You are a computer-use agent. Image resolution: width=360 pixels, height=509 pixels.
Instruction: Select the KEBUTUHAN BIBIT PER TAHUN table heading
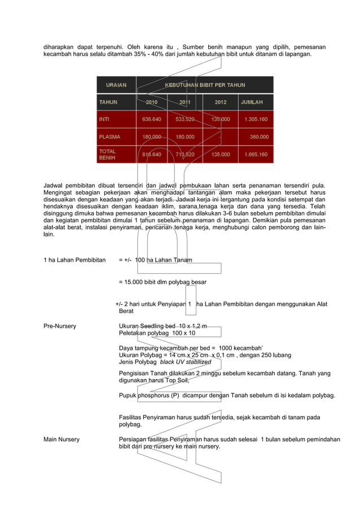pos(204,85)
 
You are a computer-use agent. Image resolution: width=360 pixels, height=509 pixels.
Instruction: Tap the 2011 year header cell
pos(185,102)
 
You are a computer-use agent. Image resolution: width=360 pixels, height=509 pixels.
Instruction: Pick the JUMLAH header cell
pos(252,102)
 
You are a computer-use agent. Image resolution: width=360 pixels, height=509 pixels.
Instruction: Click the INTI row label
pos(104,120)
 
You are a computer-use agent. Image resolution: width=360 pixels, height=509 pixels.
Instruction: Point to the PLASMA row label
pos(109,137)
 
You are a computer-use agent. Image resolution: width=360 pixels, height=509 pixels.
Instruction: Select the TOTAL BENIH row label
pos(107,155)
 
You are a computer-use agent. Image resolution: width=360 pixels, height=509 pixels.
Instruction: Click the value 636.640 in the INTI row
pos(151,120)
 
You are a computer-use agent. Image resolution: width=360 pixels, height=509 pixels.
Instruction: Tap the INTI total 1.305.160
pos(256,120)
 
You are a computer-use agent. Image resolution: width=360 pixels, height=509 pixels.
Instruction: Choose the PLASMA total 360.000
pos(259,137)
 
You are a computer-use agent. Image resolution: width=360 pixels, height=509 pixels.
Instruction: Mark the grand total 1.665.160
pos(256,155)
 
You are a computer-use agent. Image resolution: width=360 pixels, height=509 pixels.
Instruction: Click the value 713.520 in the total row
pos(185,155)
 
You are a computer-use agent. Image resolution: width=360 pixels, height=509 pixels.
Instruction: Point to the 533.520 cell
pos(185,120)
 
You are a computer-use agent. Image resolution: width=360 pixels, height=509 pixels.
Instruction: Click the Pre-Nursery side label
pos(60,326)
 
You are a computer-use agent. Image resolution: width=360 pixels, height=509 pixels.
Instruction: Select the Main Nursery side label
pos(62,439)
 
